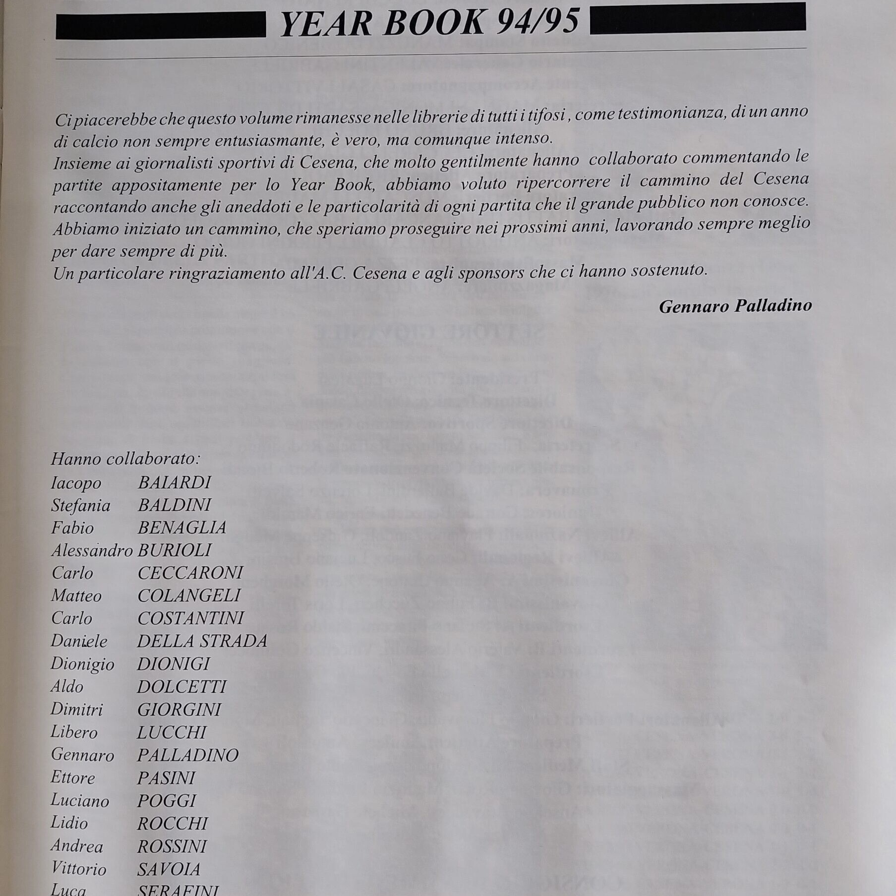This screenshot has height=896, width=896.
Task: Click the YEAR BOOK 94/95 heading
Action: [x=429, y=23]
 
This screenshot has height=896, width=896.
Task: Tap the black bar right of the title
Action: [x=697, y=20]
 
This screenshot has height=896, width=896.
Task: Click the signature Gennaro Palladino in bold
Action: [x=735, y=306]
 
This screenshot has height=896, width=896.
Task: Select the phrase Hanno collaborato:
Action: [x=125, y=459]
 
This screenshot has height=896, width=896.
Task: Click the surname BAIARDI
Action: [x=175, y=482]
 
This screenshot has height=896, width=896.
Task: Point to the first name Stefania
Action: [x=80, y=505]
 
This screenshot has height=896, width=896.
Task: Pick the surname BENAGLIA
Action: [x=182, y=528]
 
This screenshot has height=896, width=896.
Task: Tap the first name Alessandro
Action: [x=92, y=550]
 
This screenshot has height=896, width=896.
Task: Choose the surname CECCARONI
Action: [x=190, y=573]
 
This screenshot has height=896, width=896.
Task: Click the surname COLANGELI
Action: [x=189, y=596]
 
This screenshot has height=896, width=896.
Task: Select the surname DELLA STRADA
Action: [x=202, y=641]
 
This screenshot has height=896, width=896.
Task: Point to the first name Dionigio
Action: [x=82, y=664]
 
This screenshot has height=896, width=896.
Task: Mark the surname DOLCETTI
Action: [x=181, y=687]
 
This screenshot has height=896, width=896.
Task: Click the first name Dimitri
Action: [x=77, y=710]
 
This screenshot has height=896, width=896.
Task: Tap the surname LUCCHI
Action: [x=172, y=732]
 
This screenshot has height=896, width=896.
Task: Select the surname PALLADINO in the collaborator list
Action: [x=188, y=755]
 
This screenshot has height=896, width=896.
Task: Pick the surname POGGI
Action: [x=167, y=801]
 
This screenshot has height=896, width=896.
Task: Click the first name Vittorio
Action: [x=78, y=869]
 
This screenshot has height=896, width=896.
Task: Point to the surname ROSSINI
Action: [x=172, y=846]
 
